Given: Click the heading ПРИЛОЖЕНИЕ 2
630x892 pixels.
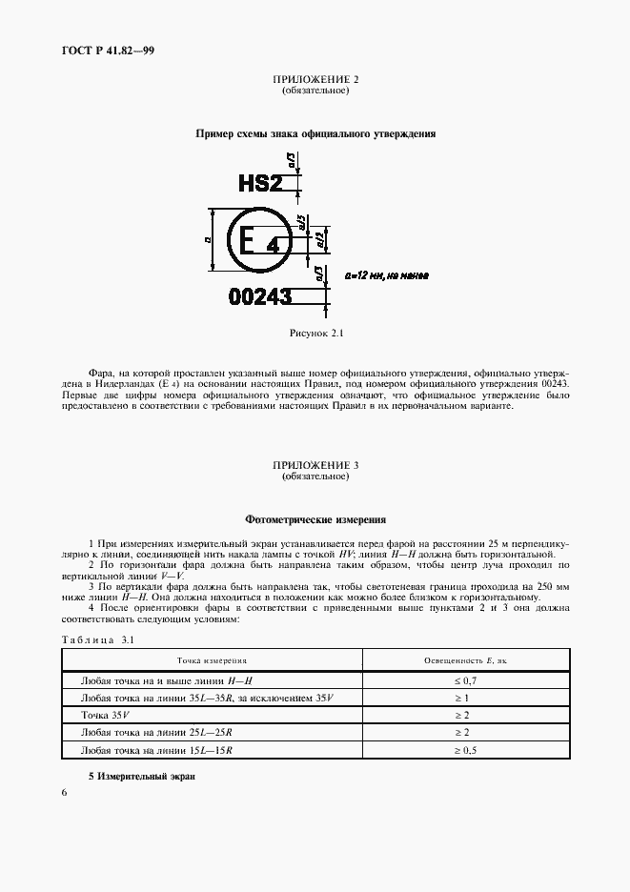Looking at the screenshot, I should [x=315, y=80].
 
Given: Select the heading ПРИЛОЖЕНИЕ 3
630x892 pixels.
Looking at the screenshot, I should [x=315, y=464].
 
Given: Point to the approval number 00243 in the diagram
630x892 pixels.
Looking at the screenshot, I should [x=260, y=297].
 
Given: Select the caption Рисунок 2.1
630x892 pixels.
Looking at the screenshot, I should [x=315, y=334].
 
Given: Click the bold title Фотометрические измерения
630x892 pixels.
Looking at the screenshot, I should [x=315, y=520].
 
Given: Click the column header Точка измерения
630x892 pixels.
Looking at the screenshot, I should [x=212, y=660].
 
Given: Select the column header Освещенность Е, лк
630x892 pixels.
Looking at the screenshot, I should [x=462, y=660].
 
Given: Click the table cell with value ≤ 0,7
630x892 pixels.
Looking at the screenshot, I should [x=462, y=681].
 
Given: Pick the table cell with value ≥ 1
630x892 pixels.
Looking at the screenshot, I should [x=462, y=699].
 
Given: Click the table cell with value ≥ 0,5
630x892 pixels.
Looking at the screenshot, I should [x=462, y=750].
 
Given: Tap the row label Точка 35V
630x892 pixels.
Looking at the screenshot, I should [x=104, y=716].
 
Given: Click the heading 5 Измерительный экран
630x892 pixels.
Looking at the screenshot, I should [x=141, y=777].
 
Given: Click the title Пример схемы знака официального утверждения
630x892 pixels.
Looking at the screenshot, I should [x=315, y=134].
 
